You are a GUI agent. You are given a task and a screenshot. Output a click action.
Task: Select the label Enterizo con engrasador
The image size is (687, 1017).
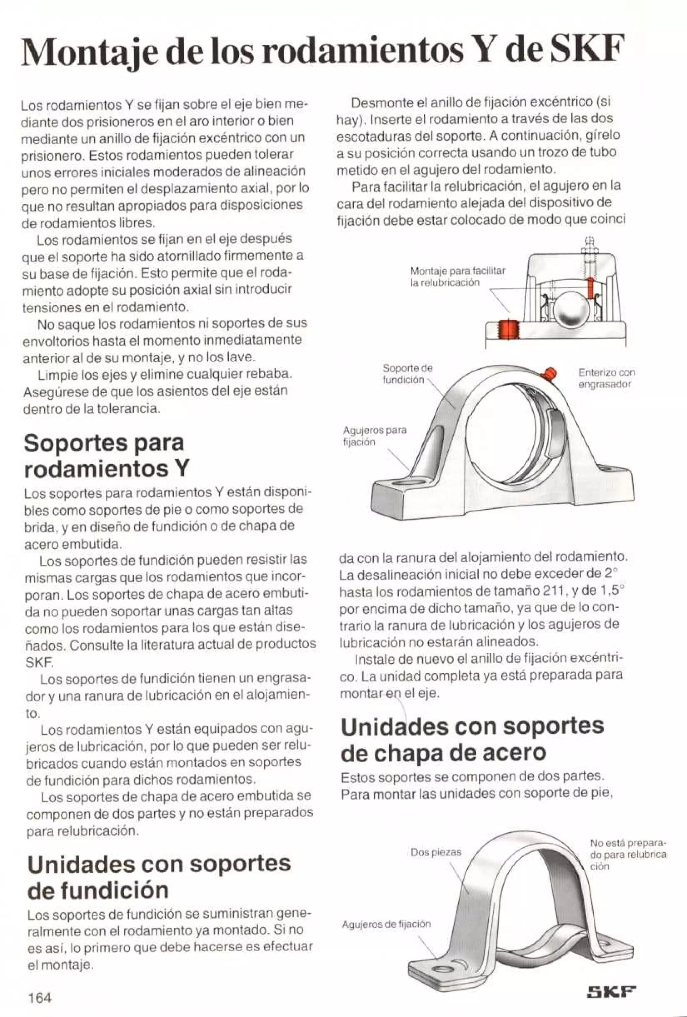point(606,378)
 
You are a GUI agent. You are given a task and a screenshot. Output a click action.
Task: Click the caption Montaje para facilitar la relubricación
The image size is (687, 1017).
point(457,276)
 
